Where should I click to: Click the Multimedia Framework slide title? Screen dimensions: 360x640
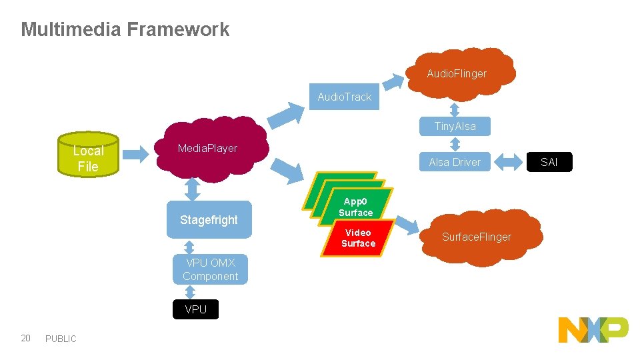(x=125, y=29)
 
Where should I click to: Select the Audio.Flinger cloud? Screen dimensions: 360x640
(x=457, y=73)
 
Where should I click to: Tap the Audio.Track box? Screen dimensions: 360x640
(x=344, y=97)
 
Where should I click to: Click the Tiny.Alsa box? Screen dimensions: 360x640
(x=455, y=126)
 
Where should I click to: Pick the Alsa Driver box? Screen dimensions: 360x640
(x=455, y=162)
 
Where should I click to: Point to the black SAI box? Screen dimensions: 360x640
(x=549, y=162)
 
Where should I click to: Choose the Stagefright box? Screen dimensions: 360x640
(x=209, y=220)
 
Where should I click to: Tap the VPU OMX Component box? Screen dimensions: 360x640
(x=210, y=269)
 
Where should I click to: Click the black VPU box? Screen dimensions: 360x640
(x=195, y=309)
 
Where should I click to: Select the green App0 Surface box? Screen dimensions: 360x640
(x=356, y=207)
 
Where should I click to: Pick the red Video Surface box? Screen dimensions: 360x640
(x=358, y=239)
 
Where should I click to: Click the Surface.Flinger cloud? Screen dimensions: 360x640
(x=476, y=237)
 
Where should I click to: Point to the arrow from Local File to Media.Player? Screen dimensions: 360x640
(x=137, y=154)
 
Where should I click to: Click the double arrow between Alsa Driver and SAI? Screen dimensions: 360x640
(x=511, y=161)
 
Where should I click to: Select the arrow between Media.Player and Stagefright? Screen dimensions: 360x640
(x=193, y=189)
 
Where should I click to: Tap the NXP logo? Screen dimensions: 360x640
(x=593, y=330)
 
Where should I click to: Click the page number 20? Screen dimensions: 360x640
(x=25, y=338)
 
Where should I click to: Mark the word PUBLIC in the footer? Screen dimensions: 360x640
(x=61, y=339)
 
